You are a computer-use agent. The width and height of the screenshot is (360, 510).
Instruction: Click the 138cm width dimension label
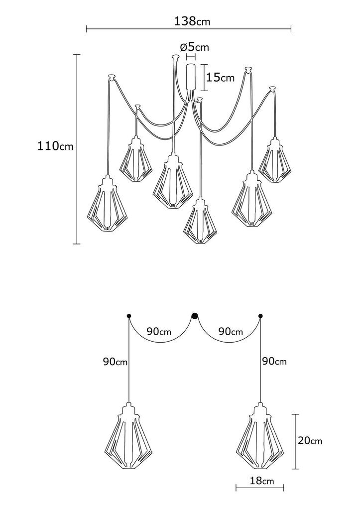click(192, 21)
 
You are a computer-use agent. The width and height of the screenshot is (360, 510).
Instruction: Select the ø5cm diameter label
click(194, 47)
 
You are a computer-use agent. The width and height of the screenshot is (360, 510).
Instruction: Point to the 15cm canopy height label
click(221, 77)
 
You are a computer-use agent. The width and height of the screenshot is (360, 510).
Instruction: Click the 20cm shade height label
click(310, 441)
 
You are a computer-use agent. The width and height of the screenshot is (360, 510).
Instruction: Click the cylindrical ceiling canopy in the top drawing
click(191, 77)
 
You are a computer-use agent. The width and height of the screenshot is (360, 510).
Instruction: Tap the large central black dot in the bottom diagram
click(195, 315)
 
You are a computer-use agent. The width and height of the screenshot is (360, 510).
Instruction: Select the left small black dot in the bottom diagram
click(129, 315)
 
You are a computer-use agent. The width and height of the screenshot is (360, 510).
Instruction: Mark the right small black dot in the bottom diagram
click(260, 315)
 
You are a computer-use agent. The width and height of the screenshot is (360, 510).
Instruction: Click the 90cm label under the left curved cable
click(159, 332)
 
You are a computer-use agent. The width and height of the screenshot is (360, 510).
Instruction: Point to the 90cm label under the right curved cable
click(231, 332)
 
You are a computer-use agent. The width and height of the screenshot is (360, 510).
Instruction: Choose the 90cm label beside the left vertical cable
click(116, 362)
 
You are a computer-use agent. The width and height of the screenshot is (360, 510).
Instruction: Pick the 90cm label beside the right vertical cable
click(274, 361)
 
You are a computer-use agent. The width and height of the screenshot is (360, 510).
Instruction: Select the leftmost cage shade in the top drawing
click(108, 204)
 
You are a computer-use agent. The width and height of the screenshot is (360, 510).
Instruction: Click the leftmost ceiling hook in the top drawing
click(112, 76)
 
